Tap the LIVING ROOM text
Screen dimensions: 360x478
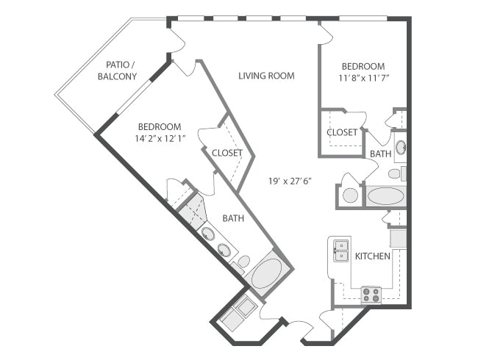[266, 76]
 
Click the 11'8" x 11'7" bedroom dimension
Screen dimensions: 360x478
[363, 76]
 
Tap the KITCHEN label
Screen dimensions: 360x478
[373, 256]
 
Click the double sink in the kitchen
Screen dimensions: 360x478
[340, 250]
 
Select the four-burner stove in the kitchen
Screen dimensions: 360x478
[371, 295]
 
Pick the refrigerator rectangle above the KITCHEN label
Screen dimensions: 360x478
[398, 238]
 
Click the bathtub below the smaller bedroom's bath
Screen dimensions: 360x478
[385, 196]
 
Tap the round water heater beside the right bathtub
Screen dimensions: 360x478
[351, 196]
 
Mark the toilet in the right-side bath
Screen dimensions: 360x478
[395, 174]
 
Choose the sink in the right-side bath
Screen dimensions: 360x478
[400, 148]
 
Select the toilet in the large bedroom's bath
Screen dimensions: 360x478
[241, 262]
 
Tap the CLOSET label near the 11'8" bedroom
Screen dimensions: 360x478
[342, 133]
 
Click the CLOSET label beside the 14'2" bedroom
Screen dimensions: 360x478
[227, 153]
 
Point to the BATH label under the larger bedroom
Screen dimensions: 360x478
[234, 218]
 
